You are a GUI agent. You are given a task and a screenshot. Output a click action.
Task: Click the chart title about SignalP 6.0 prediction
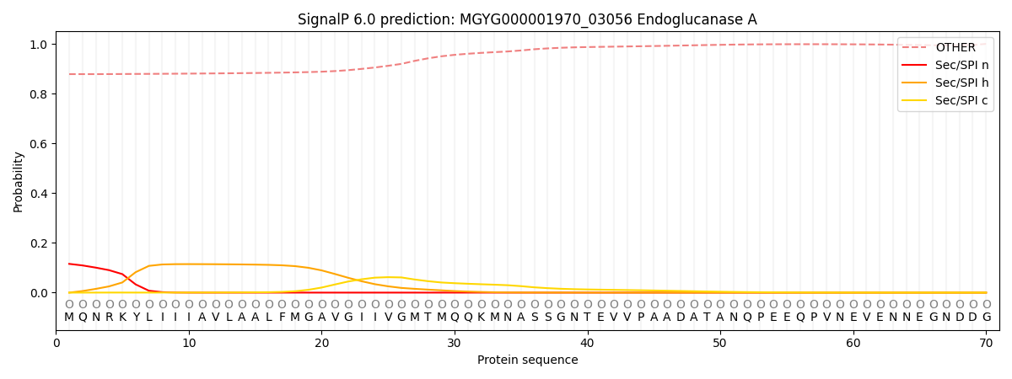point(527,19)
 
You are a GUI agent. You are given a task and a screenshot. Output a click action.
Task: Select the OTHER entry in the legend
point(959,47)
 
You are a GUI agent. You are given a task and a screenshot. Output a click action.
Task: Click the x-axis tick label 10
point(189,343)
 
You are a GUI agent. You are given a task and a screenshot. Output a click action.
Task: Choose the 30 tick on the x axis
point(455,343)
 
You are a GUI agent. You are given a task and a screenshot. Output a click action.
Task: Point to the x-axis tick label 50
point(720,343)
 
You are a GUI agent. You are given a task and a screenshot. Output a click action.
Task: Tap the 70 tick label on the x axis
point(986,343)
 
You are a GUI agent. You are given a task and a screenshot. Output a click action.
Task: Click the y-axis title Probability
point(19,182)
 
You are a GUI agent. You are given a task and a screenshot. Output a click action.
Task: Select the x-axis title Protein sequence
point(527,360)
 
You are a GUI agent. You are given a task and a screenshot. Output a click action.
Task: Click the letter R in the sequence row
point(109,318)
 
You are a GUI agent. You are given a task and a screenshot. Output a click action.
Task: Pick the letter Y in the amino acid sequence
point(136,318)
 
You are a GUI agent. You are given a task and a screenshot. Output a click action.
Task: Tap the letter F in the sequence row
point(282,318)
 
